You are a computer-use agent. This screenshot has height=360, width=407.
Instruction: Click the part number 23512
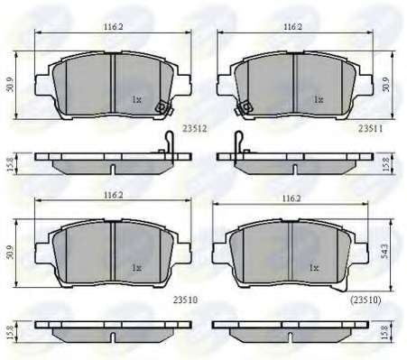click(x=195, y=129)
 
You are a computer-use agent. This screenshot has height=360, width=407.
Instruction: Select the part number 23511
click(x=371, y=129)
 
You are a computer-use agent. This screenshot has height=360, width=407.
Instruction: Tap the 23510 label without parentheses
click(x=185, y=300)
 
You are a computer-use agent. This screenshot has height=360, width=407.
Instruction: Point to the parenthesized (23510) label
click(x=365, y=300)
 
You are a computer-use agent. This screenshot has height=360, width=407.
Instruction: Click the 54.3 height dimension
click(x=384, y=251)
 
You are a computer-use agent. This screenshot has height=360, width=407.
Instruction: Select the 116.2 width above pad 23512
click(x=114, y=26)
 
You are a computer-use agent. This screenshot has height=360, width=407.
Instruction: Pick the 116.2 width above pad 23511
click(x=292, y=26)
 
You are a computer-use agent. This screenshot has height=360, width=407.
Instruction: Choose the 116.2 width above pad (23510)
click(x=291, y=198)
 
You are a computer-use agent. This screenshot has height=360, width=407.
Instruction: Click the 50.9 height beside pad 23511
click(x=386, y=85)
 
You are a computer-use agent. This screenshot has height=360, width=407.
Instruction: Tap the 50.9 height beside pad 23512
click(x=10, y=85)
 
